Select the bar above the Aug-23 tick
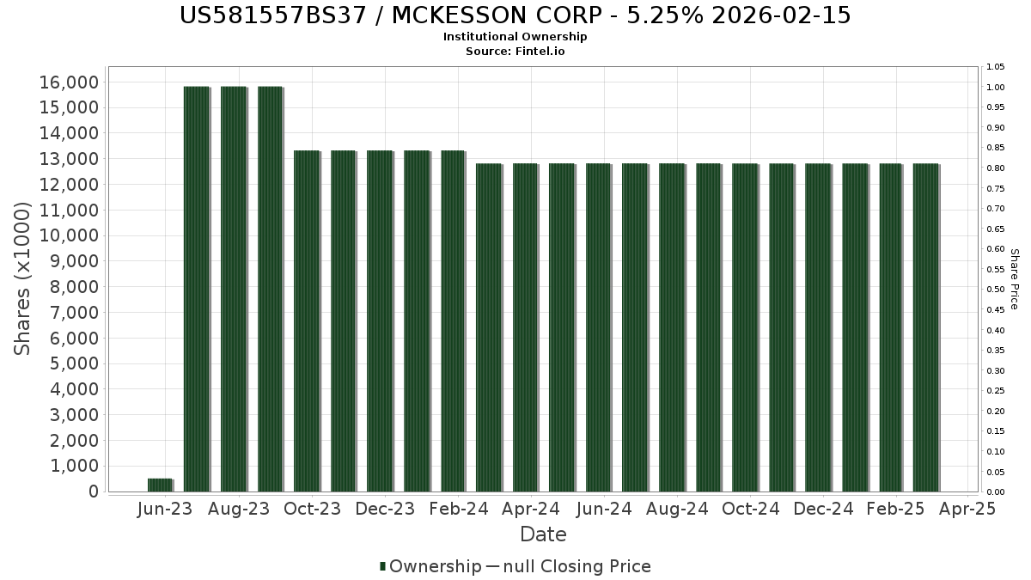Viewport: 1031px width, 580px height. point(234,289)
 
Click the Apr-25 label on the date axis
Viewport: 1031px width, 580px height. point(967,510)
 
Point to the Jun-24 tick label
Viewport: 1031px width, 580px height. point(604,510)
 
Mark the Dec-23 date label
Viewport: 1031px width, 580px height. point(385,510)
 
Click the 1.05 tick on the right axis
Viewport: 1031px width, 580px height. point(996,67)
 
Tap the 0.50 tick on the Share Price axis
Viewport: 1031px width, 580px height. point(996,290)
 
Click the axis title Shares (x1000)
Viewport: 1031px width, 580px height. point(23,278)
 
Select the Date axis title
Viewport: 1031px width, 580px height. point(543,534)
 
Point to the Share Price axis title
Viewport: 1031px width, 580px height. point(1014,278)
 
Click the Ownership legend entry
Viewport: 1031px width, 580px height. point(430,566)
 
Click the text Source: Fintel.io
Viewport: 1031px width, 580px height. point(515,52)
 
